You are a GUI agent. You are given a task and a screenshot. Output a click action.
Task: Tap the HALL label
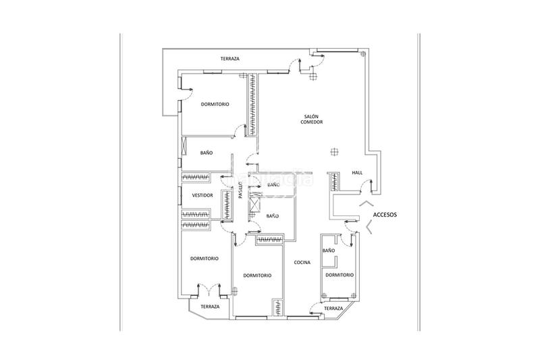coord(357,173)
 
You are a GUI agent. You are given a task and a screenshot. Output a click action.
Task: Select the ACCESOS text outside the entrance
coord(384,215)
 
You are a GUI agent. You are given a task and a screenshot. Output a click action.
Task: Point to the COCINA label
coord(302,263)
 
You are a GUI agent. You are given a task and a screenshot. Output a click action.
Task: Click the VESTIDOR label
coord(202,196)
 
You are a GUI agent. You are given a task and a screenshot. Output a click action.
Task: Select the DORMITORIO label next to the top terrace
coord(215,105)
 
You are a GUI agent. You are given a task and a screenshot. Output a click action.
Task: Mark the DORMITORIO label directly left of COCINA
coord(257,276)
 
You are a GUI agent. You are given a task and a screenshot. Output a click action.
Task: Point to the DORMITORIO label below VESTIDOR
coord(204,259)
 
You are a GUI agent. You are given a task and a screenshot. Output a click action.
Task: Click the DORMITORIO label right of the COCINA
coord(339,276)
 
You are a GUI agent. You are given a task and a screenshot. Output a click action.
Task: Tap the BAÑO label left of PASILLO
coord(207,153)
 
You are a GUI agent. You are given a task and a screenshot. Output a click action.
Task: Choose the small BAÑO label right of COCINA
coord(329,251)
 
